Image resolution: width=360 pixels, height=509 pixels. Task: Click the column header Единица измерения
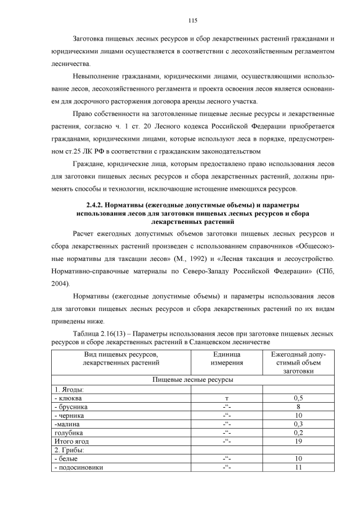tap(227, 359)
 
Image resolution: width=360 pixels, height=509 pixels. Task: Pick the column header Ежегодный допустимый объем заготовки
tap(298, 363)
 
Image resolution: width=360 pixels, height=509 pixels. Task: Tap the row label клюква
tap(69, 398)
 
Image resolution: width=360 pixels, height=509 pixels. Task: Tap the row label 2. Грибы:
tap(69, 451)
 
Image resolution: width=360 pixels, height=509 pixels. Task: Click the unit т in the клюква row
tap(227, 398)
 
